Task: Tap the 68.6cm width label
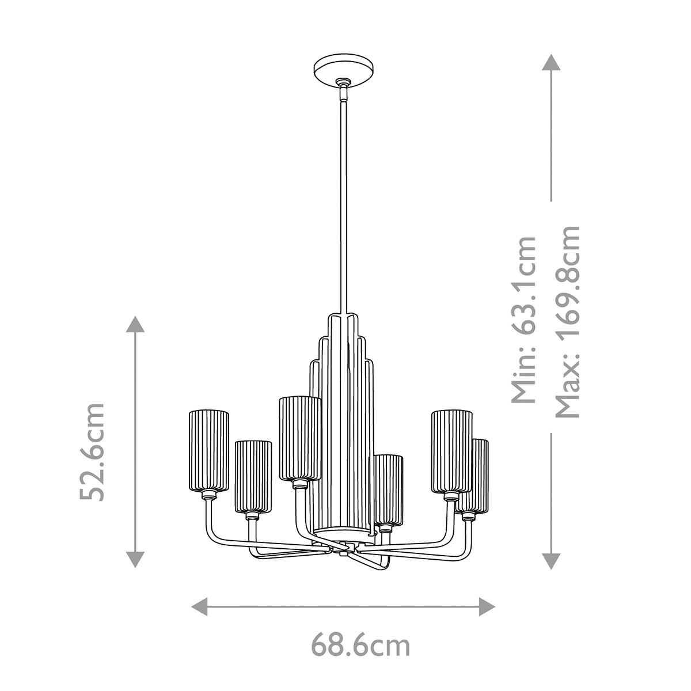361,645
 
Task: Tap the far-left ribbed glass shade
209,449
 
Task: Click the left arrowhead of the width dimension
199,606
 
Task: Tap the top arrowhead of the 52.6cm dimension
135,324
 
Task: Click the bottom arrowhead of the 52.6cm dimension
135,559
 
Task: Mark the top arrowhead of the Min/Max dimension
551,62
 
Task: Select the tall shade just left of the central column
299,438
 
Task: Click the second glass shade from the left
253,477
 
